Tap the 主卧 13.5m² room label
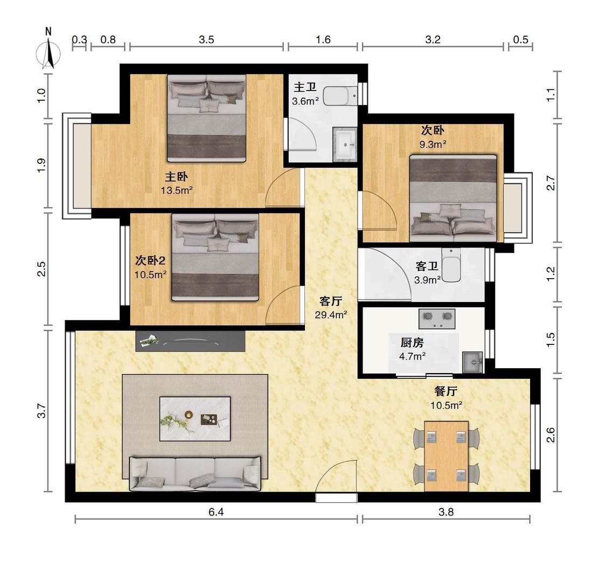pos(177,183)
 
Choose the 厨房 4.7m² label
pos(413,349)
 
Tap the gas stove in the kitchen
pos(437,319)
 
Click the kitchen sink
pos(472,362)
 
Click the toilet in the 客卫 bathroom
pos(451,265)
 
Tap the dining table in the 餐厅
pos(447,456)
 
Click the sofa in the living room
pos(195,473)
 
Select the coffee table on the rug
pos(195,419)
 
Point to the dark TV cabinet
pos(190,341)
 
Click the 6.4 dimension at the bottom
pos(216,512)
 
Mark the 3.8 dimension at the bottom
pos(446,512)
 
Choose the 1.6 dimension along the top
pos(323,39)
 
